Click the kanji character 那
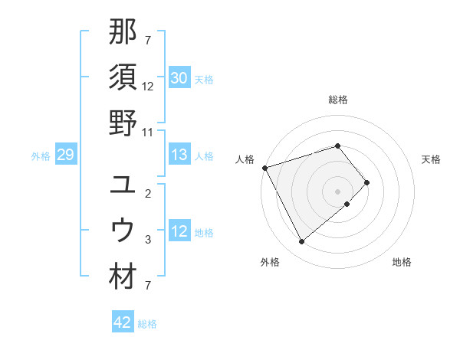[x=123, y=31]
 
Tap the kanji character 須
[x=123, y=77]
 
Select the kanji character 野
[x=123, y=123]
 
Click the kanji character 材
[x=123, y=277]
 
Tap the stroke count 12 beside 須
[x=148, y=87]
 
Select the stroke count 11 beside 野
[x=148, y=132]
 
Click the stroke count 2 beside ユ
[x=148, y=194]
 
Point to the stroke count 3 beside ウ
[x=148, y=240]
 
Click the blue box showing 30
[x=179, y=78]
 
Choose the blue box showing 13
[x=179, y=155]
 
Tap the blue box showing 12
[x=179, y=232]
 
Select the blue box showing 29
[x=65, y=155]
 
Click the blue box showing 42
[x=123, y=322]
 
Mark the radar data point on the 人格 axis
[x=264, y=168]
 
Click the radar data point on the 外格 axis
[x=301, y=242]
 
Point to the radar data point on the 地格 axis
[x=347, y=204]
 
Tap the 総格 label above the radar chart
[x=338, y=100]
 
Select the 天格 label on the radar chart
[x=432, y=159]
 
